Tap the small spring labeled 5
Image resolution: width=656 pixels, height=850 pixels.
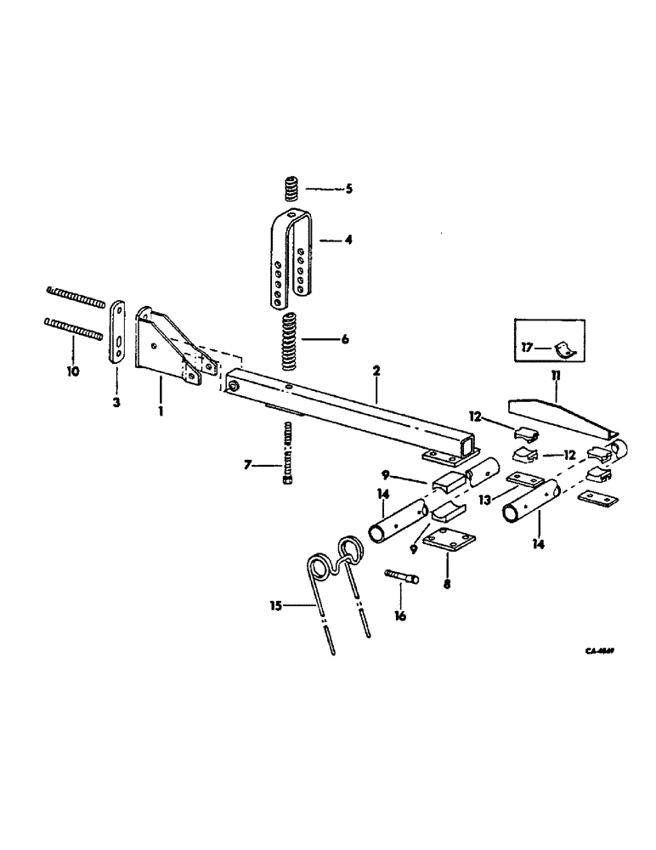(x=291, y=188)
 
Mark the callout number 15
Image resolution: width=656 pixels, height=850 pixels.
(x=274, y=605)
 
